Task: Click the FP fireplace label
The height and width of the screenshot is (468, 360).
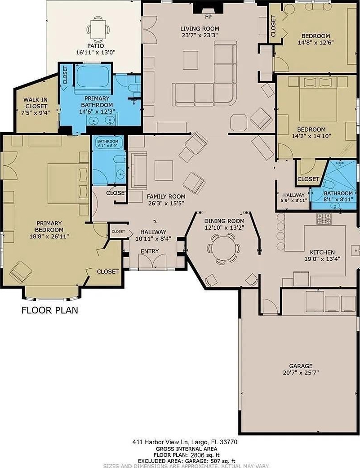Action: click(208, 17)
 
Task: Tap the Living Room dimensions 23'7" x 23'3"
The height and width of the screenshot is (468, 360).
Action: click(200, 35)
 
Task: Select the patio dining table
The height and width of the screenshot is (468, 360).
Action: click(98, 29)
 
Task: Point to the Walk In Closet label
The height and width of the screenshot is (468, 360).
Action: click(36, 103)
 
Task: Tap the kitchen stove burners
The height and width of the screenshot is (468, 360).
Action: click(324, 218)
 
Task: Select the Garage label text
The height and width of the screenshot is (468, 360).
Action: click(301, 366)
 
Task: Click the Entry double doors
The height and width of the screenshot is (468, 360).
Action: click(152, 261)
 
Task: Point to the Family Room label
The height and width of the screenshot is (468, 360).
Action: click(166, 197)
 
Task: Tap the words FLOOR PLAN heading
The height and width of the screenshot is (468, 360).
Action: click(50, 310)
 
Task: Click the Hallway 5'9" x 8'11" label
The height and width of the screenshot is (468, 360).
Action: click(294, 197)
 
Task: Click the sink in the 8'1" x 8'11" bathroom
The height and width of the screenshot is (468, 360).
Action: click(335, 205)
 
